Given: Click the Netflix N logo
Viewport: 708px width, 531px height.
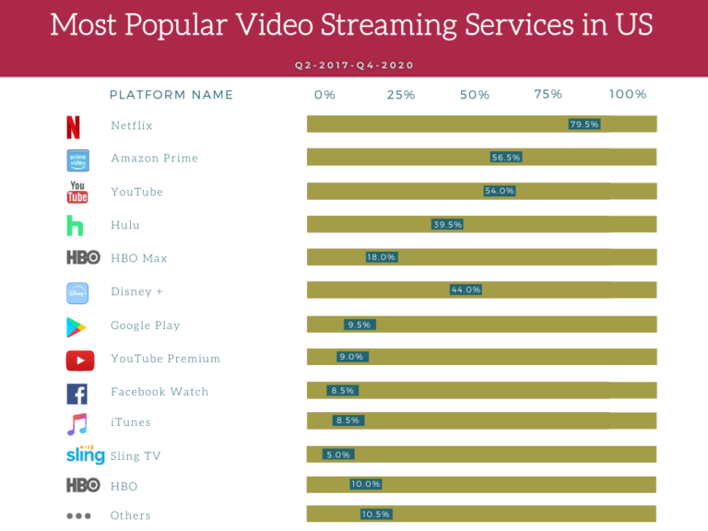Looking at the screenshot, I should [x=74, y=126].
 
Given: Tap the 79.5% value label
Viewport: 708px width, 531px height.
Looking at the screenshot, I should [x=584, y=124].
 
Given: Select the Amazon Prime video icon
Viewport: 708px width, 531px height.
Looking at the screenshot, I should [x=77, y=159].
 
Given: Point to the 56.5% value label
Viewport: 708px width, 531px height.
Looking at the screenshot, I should [x=506, y=158].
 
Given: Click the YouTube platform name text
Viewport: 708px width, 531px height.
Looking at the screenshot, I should [x=136, y=192].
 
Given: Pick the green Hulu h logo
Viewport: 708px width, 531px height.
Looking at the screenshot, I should [x=75, y=226].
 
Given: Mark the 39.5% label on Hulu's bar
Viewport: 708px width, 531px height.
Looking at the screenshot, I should [x=447, y=224].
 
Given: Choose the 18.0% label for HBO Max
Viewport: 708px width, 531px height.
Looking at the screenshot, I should [x=382, y=257].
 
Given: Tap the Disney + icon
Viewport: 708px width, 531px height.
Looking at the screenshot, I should [x=77, y=293].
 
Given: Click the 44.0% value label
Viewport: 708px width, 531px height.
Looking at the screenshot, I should [x=466, y=289].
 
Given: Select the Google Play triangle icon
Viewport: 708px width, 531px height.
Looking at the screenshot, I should [x=76, y=326].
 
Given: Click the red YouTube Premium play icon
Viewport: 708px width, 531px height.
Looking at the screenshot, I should [x=80, y=360].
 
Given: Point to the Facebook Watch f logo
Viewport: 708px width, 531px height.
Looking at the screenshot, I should [x=77, y=394].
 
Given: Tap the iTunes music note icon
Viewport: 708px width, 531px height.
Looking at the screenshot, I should [x=77, y=424].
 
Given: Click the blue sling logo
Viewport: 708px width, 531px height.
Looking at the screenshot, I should [x=86, y=455].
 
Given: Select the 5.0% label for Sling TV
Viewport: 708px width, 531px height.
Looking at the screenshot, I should [x=338, y=454].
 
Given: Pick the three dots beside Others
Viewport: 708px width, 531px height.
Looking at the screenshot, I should [x=78, y=516].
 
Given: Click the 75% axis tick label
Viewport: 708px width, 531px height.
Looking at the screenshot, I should [x=548, y=95].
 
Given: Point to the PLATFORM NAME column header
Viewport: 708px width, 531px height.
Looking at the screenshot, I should [x=171, y=95].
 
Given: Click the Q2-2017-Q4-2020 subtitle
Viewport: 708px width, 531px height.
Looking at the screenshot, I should [x=354, y=65].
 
